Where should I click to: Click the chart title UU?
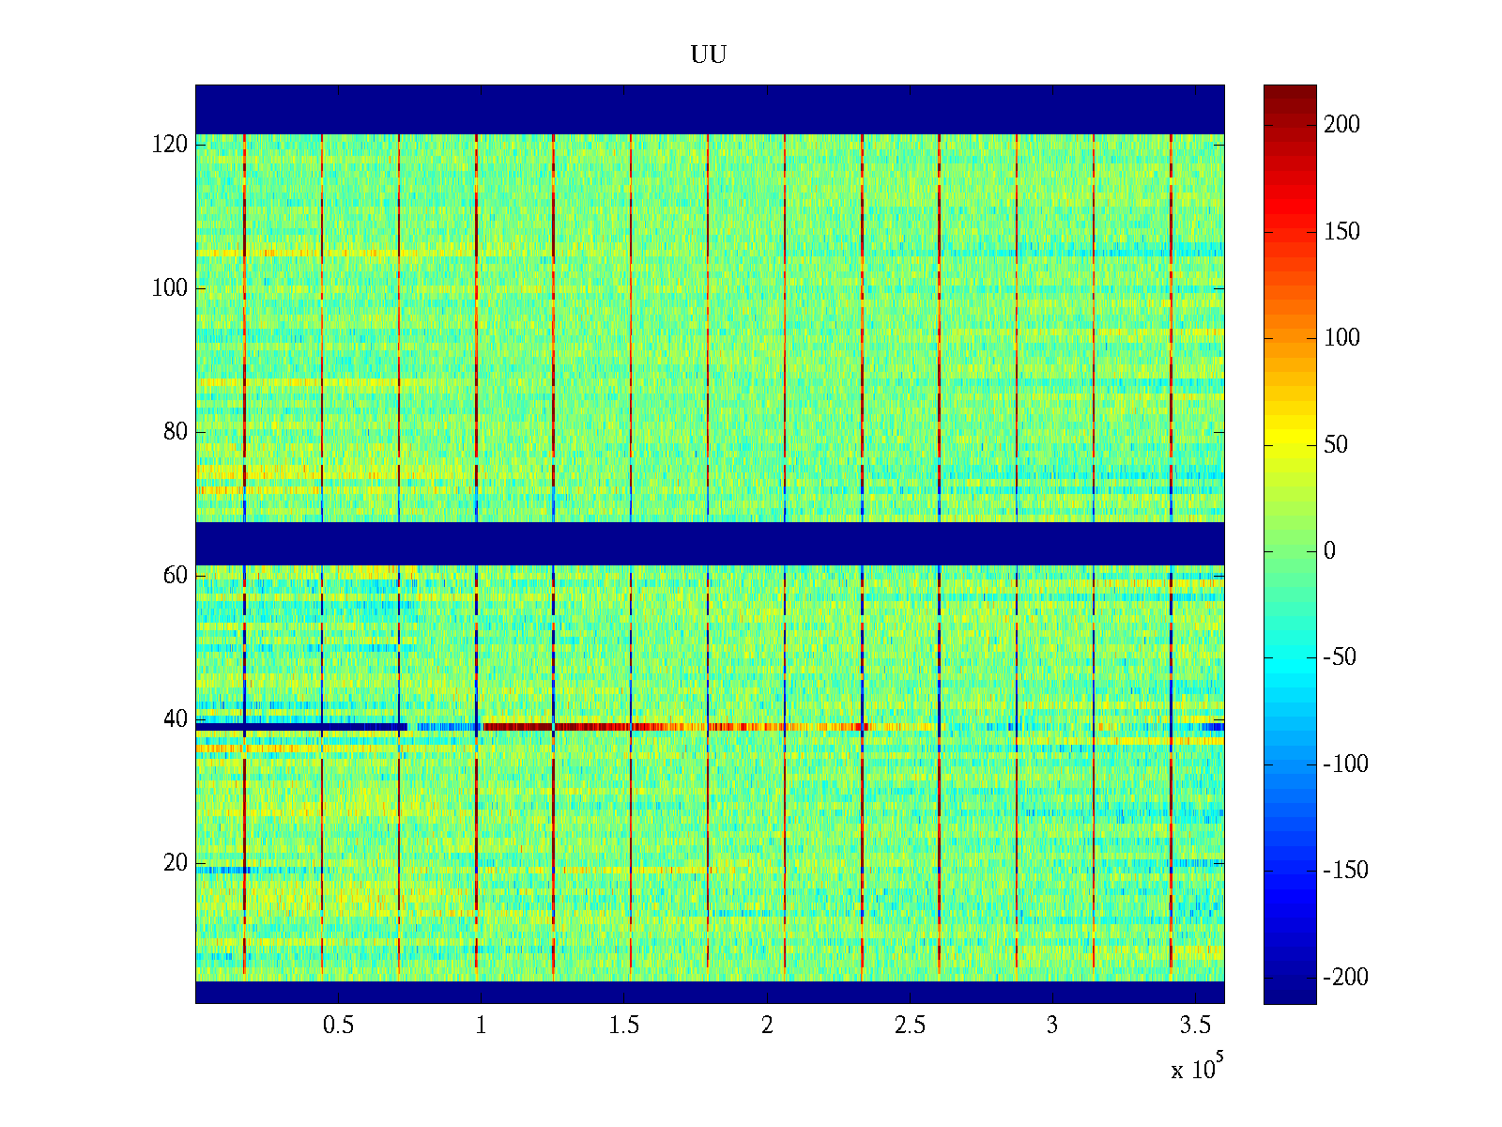(x=709, y=55)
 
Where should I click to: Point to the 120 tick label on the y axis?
(x=170, y=145)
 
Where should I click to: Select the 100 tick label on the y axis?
(x=170, y=288)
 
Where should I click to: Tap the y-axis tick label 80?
(x=176, y=432)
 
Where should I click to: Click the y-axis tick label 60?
(x=176, y=576)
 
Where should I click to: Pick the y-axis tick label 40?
(x=176, y=719)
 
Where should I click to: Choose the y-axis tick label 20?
(x=176, y=863)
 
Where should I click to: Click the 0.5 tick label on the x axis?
(x=338, y=1026)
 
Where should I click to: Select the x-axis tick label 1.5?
(x=624, y=1026)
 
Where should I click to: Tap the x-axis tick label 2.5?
(x=910, y=1026)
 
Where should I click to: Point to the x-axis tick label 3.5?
(x=1195, y=1026)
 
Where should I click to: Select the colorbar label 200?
(x=1341, y=125)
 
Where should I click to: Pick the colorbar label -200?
(x=1345, y=978)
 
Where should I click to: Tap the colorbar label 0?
(x=1329, y=551)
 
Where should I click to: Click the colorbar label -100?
(x=1345, y=764)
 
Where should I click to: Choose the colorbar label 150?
(x=1341, y=232)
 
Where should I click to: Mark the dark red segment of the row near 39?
(x=516, y=727)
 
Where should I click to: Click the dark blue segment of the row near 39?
(x=300, y=727)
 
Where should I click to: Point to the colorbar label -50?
(x=1341, y=657)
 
